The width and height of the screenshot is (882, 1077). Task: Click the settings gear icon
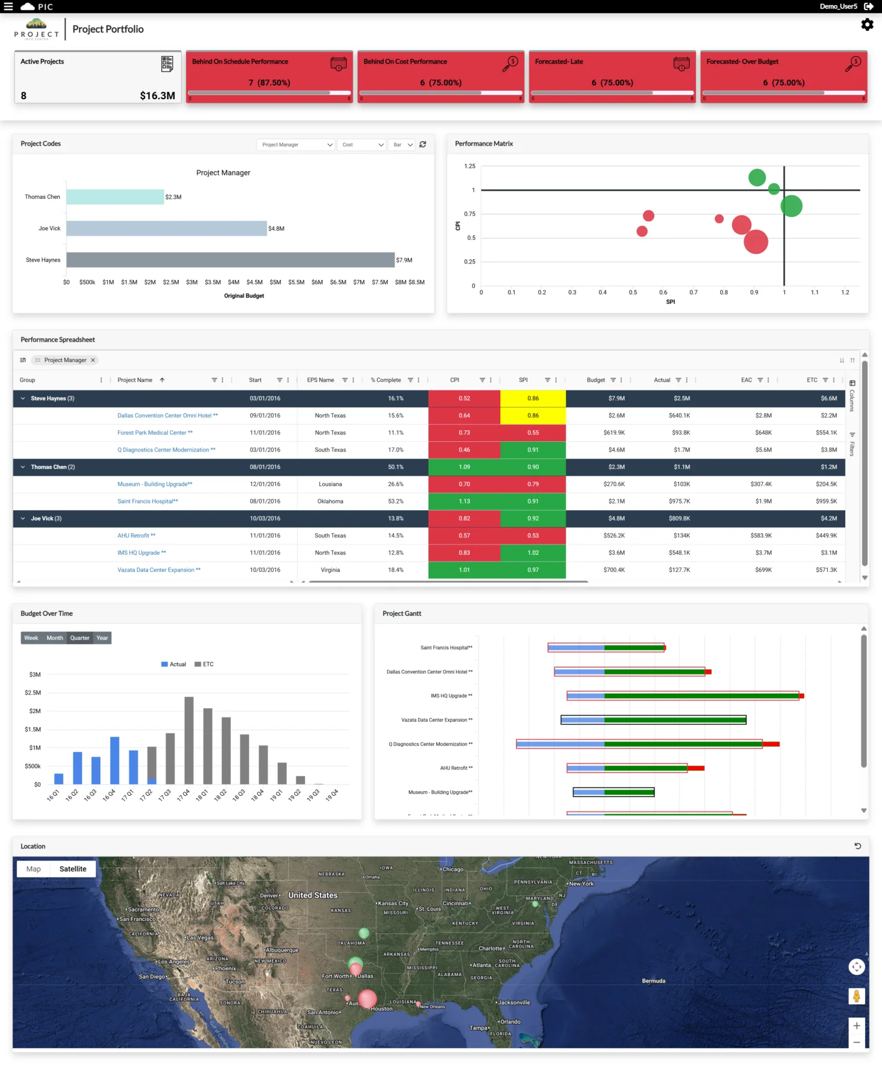click(x=867, y=25)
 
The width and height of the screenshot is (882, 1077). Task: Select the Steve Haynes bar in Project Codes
click(x=230, y=260)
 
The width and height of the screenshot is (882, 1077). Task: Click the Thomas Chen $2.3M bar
click(x=115, y=197)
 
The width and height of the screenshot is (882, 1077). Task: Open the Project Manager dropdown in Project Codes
click(x=296, y=144)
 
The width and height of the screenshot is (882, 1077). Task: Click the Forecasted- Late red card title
click(x=559, y=62)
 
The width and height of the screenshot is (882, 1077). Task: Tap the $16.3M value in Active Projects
click(x=157, y=95)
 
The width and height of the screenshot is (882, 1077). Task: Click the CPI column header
click(x=455, y=380)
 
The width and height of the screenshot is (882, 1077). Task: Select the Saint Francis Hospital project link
click(x=147, y=501)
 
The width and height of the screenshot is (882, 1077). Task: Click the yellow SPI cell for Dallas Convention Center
click(x=533, y=416)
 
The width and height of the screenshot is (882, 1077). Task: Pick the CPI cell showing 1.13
click(x=464, y=501)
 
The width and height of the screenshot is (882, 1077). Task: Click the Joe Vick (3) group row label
click(x=46, y=519)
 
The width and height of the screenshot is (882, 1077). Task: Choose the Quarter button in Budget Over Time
click(x=79, y=638)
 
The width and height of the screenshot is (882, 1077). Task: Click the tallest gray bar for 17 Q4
click(x=189, y=740)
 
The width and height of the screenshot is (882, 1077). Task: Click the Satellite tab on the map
click(x=72, y=869)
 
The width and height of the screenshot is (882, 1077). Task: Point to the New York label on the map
click(x=582, y=884)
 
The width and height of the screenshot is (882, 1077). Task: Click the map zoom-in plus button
click(x=856, y=1026)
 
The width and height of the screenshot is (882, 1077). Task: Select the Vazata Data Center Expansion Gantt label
click(x=437, y=720)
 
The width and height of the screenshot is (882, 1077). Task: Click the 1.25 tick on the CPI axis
click(x=469, y=166)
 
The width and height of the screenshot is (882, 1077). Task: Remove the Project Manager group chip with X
click(x=93, y=360)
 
